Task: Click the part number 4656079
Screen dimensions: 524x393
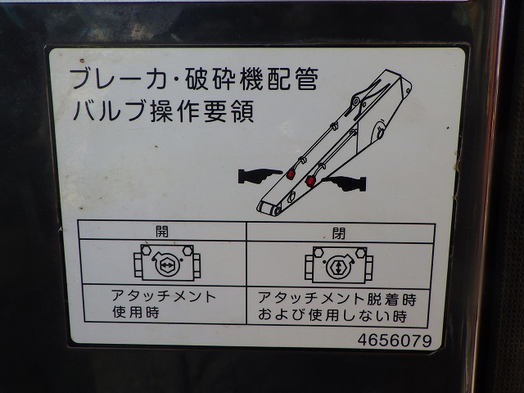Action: (395, 341)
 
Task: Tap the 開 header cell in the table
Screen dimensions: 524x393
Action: (162, 231)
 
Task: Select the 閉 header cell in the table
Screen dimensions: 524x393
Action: (341, 233)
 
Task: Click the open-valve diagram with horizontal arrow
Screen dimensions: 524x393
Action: (167, 263)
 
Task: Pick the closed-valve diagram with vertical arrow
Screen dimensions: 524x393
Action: (338, 265)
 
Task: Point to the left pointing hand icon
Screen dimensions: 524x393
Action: (260, 176)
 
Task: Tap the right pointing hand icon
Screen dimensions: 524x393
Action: (344, 183)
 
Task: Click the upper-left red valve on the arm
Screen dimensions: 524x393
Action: (291, 174)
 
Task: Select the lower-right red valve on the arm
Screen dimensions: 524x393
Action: (310, 181)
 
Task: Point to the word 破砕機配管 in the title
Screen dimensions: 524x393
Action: (251, 79)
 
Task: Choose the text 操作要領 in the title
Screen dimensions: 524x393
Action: (202, 111)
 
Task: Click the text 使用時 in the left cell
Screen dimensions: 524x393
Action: (135, 312)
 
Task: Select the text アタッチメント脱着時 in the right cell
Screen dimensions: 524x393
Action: (337, 298)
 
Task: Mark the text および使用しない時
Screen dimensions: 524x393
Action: (332, 315)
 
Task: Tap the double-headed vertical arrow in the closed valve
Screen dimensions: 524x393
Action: (339, 268)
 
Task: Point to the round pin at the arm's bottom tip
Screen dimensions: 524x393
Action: (277, 211)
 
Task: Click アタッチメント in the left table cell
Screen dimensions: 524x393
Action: (164, 296)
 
